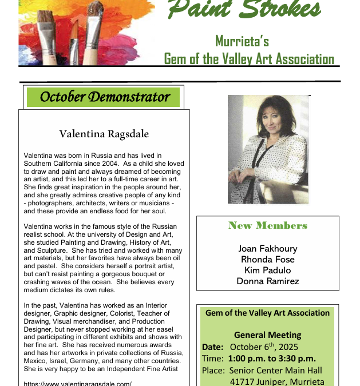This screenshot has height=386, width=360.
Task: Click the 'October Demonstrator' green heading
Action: coord(104,97)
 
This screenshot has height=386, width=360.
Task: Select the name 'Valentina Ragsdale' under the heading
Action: coord(104,134)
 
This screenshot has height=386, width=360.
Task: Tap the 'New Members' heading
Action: coord(268,225)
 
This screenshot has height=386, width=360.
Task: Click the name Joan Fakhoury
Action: coord(268,249)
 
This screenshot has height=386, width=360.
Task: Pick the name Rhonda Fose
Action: coord(268,260)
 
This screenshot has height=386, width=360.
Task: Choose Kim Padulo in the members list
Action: coord(268,270)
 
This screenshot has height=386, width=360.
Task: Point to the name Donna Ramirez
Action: coord(268,281)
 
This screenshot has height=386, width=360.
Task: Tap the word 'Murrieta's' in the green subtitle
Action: coord(242,41)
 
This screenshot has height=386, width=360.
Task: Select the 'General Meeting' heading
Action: coord(267,335)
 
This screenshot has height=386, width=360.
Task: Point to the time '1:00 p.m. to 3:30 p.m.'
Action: coord(272,359)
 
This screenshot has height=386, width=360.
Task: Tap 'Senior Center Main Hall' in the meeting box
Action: coord(276,370)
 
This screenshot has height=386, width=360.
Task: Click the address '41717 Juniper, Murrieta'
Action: coord(277,381)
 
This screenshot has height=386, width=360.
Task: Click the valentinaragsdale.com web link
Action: coord(78,384)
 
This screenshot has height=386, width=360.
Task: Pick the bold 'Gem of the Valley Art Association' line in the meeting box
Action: coord(267,313)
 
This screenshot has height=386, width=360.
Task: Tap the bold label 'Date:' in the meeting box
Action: coord(212,347)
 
